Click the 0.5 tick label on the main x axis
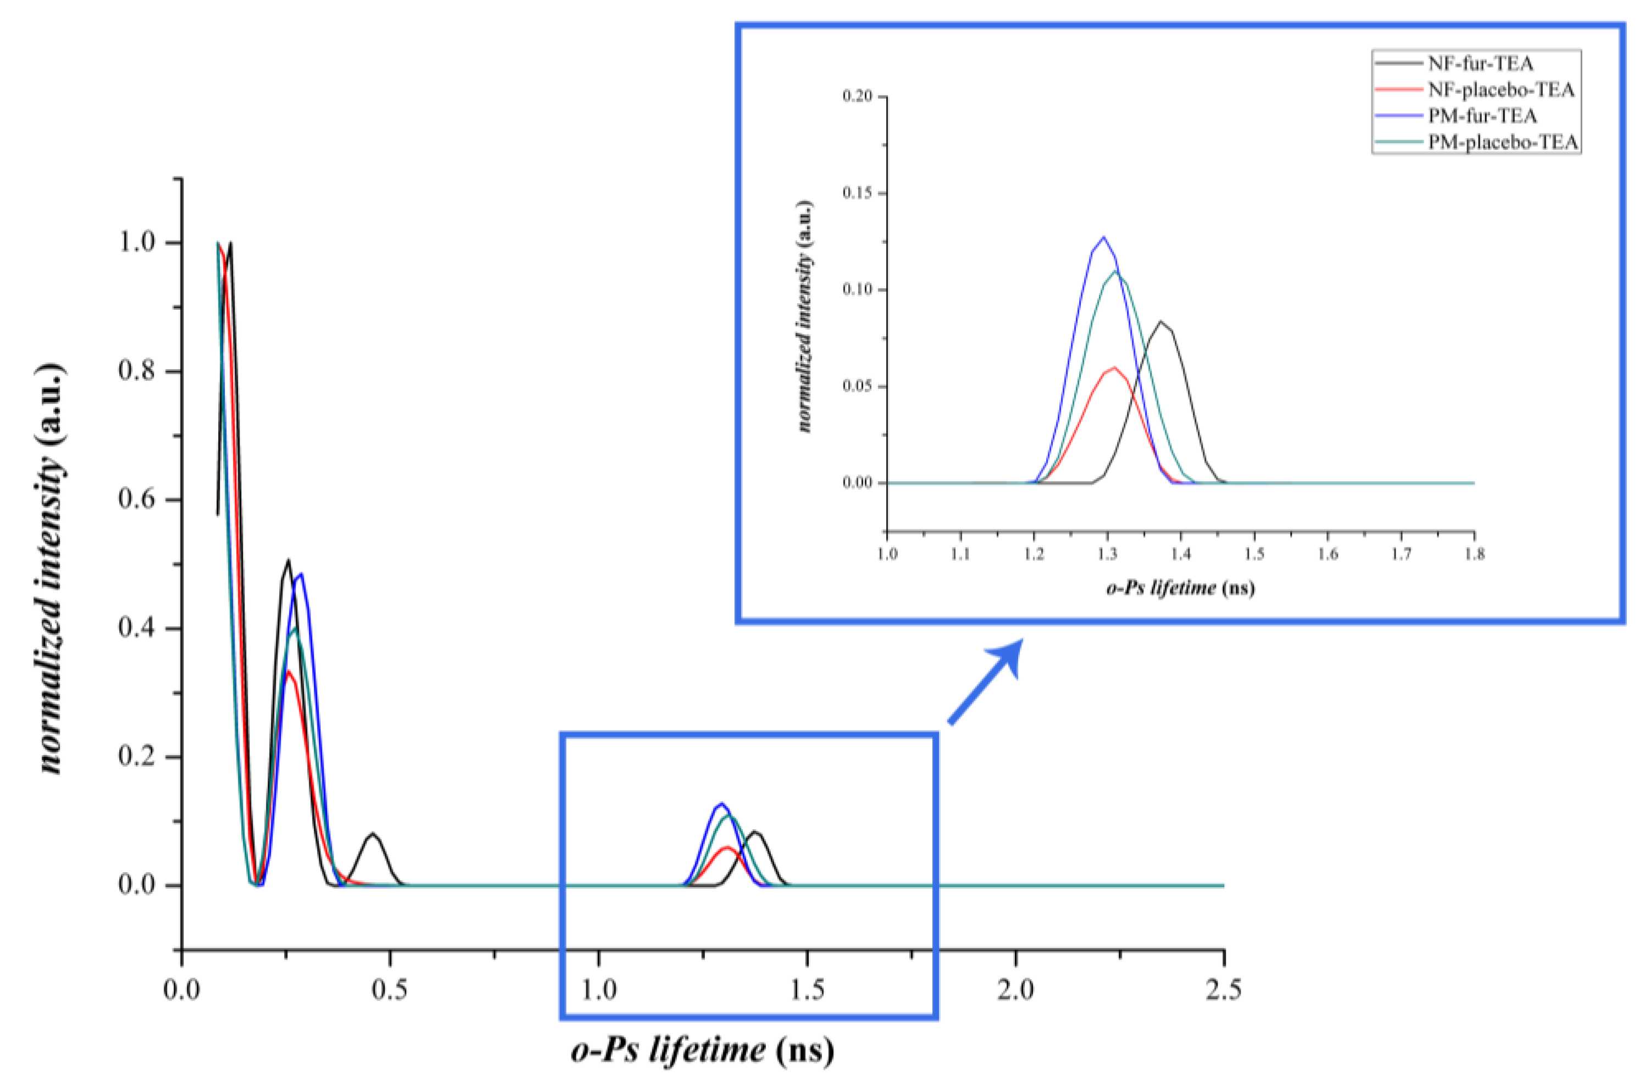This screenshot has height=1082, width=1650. (390, 989)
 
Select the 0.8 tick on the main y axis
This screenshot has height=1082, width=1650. (182, 371)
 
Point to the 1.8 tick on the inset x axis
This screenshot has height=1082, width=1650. (1474, 532)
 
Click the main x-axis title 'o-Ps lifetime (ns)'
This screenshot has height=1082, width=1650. (702, 1050)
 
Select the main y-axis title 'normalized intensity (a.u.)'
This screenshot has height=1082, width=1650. (52, 568)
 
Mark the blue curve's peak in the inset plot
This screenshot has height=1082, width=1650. (1103, 237)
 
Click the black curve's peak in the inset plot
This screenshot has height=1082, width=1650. (1161, 321)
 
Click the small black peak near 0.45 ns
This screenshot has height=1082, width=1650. (373, 833)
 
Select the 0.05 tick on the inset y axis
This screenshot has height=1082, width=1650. (887, 386)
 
